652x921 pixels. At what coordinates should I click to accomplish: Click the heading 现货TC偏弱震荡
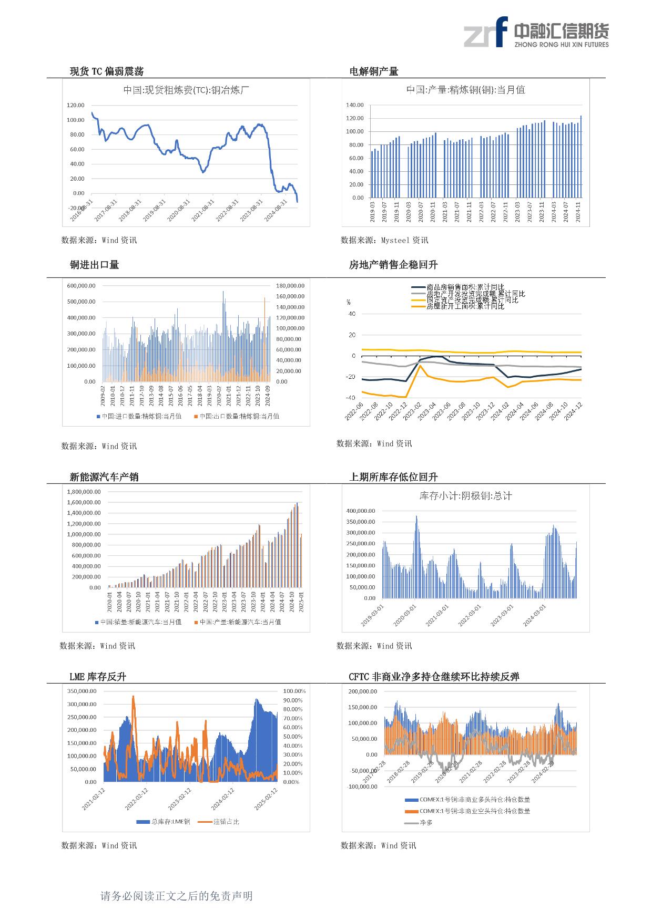click(x=107, y=71)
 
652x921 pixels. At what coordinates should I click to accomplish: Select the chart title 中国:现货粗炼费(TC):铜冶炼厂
click(x=186, y=90)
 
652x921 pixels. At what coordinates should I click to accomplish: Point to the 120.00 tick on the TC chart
click(x=76, y=106)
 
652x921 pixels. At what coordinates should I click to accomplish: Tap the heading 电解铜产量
click(x=374, y=71)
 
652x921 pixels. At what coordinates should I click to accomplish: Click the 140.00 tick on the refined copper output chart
click(x=355, y=105)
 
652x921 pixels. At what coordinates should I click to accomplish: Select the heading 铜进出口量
click(x=94, y=265)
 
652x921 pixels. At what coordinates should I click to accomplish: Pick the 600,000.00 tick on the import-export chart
click(x=81, y=286)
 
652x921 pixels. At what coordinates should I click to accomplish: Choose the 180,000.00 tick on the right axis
click(x=290, y=286)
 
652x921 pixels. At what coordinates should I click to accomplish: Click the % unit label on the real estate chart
click(x=348, y=302)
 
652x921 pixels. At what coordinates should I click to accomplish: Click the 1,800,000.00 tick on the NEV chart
click(x=84, y=492)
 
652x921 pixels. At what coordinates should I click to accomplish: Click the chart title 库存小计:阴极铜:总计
click(x=465, y=495)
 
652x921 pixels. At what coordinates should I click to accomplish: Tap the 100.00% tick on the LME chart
click(x=294, y=691)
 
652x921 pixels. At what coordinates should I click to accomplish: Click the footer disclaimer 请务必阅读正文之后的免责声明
click(x=177, y=896)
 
